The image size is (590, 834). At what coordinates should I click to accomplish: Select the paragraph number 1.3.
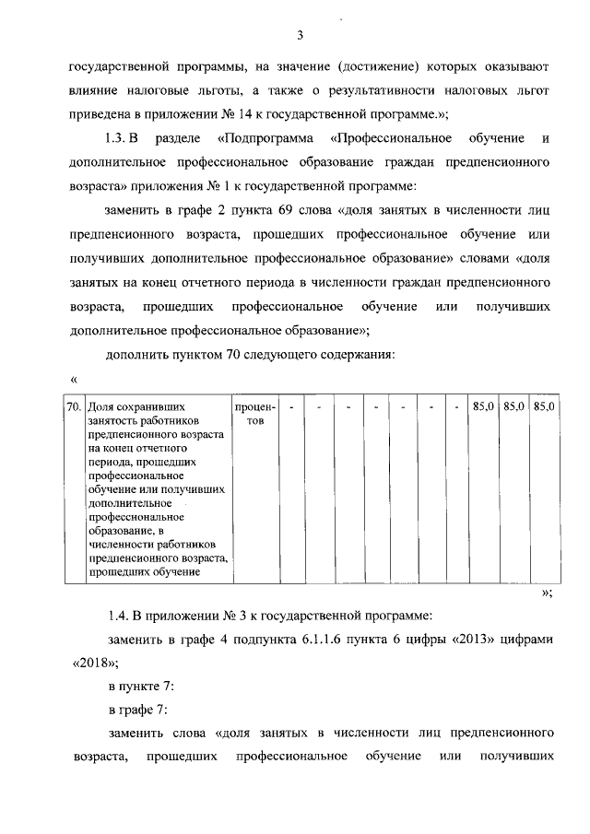click(x=122, y=138)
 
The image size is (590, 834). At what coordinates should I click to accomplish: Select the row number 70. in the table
click(x=75, y=405)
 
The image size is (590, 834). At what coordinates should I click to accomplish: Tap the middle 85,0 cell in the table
click(x=513, y=405)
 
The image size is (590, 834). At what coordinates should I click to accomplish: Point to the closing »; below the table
click(x=546, y=593)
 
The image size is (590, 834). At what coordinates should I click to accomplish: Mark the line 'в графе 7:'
click(x=138, y=711)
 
